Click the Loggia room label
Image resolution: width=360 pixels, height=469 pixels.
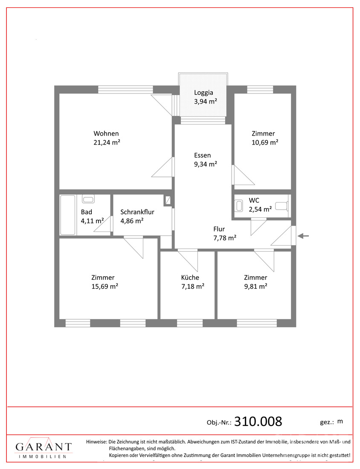click(x=203, y=93)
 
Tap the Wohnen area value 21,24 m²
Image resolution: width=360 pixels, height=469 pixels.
click(x=107, y=142)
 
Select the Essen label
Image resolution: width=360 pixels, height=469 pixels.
click(x=202, y=155)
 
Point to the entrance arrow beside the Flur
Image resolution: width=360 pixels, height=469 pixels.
click(x=303, y=236)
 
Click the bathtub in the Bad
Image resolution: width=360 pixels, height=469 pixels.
click(x=68, y=215)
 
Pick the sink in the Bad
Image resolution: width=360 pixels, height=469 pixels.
click(x=88, y=199)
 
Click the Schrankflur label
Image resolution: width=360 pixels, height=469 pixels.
click(x=137, y=212)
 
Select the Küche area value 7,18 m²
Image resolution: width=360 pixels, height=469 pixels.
click(x=193, y=286)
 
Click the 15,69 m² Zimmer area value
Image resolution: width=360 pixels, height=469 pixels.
click(x=105, y=286)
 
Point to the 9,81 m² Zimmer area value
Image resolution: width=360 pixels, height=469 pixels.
click(x=255, y=286)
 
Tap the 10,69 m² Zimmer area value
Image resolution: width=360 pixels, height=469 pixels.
click(x=265, y=142)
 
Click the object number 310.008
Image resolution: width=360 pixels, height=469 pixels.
click(x=258, y=421)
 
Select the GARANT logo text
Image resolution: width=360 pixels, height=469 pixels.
click(x=44, y=447)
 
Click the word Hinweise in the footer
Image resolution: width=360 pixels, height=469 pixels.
click(x=96, y=442)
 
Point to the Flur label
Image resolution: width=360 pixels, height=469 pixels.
click(x=219, y=229)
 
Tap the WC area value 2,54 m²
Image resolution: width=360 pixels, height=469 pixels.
click(x=260, y=209)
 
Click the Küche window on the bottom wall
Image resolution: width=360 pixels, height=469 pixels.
click(x=190, y=323)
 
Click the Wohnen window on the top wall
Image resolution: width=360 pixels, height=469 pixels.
click(x=126, y=90)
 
